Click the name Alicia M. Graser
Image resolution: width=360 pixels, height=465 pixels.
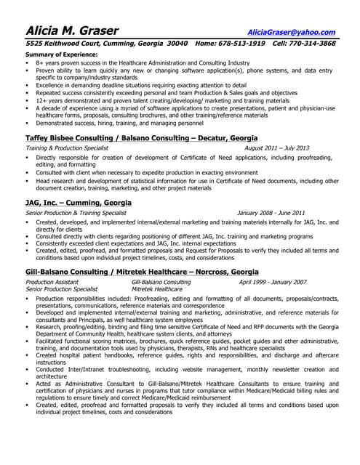click(72, 31)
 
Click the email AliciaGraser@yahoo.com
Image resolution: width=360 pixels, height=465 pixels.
click(291, 32)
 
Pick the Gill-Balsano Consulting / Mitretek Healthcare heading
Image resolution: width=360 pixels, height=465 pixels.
click(141, 271)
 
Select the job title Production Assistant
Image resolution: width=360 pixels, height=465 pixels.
click(52, 281)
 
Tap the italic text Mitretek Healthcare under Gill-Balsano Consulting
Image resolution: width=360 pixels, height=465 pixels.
click(157, 288)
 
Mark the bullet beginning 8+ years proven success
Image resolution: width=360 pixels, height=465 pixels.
click(142, 63)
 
